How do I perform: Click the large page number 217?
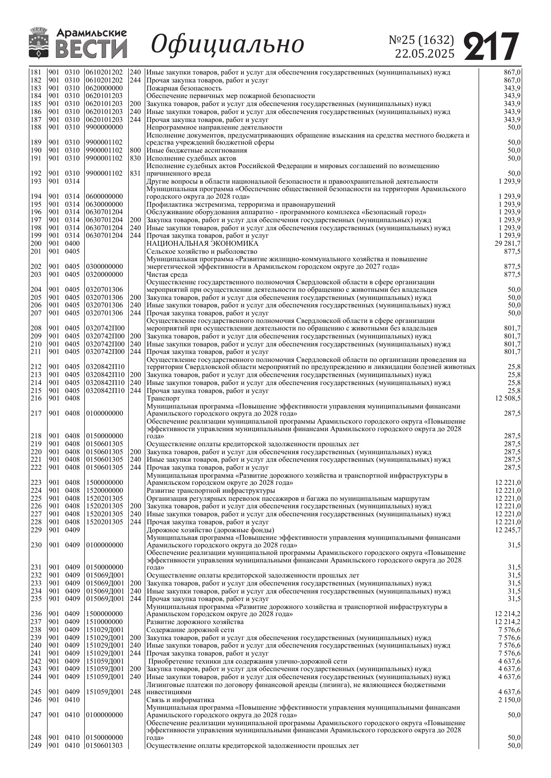click(x=492, y=46)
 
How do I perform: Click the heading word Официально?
click(x=228, y=44)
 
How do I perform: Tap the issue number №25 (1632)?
click(x=421, y=40)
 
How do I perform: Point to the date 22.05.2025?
click(x=425, y=54)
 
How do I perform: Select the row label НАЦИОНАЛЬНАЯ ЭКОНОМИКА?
click(x=202, y=244)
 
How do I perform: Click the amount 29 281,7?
click(x=507, y=244)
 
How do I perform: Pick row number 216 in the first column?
click(x=36, y=398)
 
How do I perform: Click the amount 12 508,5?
click(x=507, y=398)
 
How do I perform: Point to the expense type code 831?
click(x=135, y=173)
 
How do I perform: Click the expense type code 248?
click(x=135, y=692)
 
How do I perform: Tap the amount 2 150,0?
click(x=510, y=700)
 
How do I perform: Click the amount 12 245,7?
click(x=507, y=530)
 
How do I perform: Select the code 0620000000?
click(x=104, y=88)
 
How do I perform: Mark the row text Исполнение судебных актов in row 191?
click(x=191, y=158)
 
